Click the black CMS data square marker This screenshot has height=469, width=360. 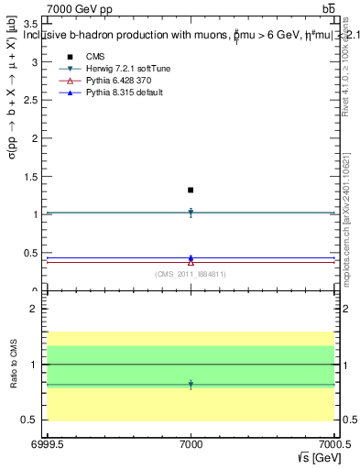(x=191, y=190)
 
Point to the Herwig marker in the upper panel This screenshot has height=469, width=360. (x=191, y=213)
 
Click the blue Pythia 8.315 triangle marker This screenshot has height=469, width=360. (x=191, y=258)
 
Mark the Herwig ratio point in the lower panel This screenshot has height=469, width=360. (x=191, y=385)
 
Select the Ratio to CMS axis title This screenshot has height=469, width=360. (x=13, y=364)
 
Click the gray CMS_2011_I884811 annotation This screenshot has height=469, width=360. (x=191, y=274)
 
